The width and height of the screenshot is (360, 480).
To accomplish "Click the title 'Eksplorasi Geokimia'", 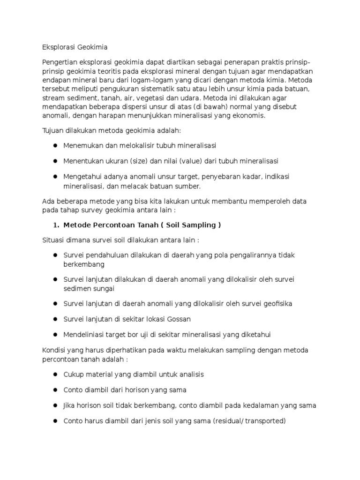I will pos(75,47).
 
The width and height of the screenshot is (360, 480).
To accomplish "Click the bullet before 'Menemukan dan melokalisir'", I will pos(55,146).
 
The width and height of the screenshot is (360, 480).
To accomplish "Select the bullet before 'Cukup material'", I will pos(55,375).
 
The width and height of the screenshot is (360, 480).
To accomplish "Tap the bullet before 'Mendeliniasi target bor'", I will pos(55,335).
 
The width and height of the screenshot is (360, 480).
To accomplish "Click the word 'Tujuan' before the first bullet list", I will pos(53,130).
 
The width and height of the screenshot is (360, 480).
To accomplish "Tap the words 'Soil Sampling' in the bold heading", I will pos(193,225).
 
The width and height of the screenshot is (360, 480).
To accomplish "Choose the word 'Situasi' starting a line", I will pos(54,240).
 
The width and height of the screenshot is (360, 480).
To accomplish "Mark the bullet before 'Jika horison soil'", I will pos(55,405).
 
